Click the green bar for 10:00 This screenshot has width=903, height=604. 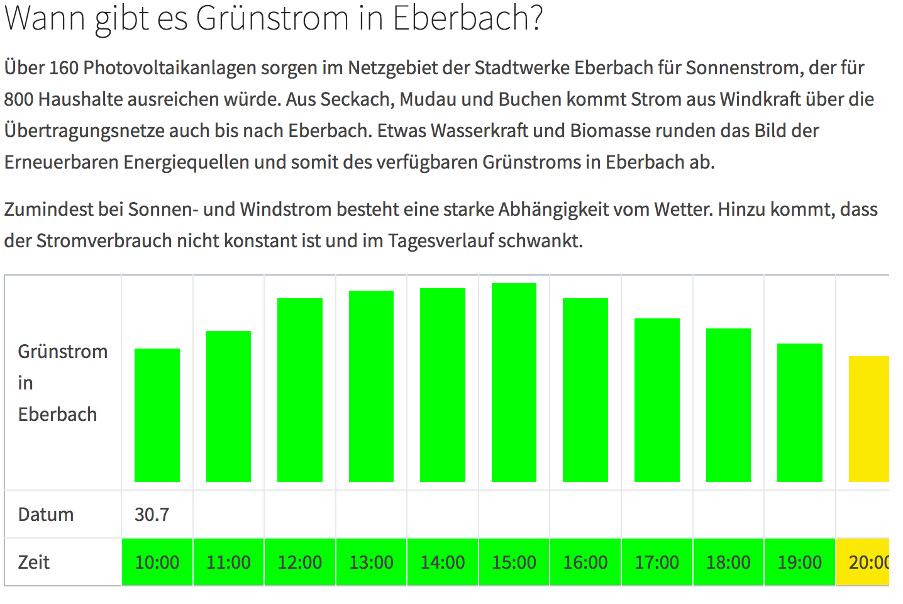[x=157, y=415]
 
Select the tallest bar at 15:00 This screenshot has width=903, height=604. [x=514, y=383]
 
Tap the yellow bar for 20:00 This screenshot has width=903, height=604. [x=869, y=419]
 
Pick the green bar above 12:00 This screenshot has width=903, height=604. [x=300, y=390]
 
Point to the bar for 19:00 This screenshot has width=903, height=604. [x=800, y=413]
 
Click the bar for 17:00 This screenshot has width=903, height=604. [x=657, y=400]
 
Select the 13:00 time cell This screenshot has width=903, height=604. [x=371, y=562]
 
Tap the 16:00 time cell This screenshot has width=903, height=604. [x=585, y=562]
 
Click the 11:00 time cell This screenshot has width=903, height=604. [x=228, y=562]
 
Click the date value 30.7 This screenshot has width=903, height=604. [x=152, y=515]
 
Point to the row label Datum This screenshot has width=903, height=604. [x=46, y=515]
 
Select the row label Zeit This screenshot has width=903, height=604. [x=34, y=562]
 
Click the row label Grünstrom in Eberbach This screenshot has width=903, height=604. [x=62, y=383]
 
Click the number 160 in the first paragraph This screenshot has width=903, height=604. [x=64, y=67]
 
